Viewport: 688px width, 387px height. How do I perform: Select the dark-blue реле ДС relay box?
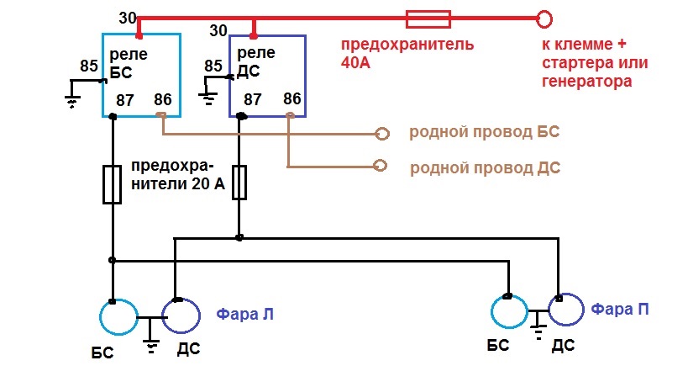coord(267,76)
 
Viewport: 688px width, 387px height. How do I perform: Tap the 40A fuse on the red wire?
coord(428,18)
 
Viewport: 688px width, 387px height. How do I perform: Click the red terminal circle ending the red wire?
coord(544,18)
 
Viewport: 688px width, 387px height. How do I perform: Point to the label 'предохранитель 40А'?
coord(406,52)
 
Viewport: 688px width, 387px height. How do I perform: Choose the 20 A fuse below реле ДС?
coord(239,183)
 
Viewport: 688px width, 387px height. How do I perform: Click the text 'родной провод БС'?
coord(484,133)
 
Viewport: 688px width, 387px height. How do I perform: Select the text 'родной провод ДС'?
coord(485,167)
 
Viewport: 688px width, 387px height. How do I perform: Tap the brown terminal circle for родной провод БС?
coord(382,134)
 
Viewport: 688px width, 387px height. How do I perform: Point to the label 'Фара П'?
coord(620,310)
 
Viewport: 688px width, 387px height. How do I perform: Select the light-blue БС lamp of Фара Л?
coord(118,318)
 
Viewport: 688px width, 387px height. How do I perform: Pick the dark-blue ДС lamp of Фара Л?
coord(181,317)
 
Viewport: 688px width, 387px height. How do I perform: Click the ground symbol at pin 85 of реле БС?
coord(71,98)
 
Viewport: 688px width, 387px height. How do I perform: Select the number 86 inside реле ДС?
coord(292,98)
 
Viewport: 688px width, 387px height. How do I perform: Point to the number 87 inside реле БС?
coord(125,100)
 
